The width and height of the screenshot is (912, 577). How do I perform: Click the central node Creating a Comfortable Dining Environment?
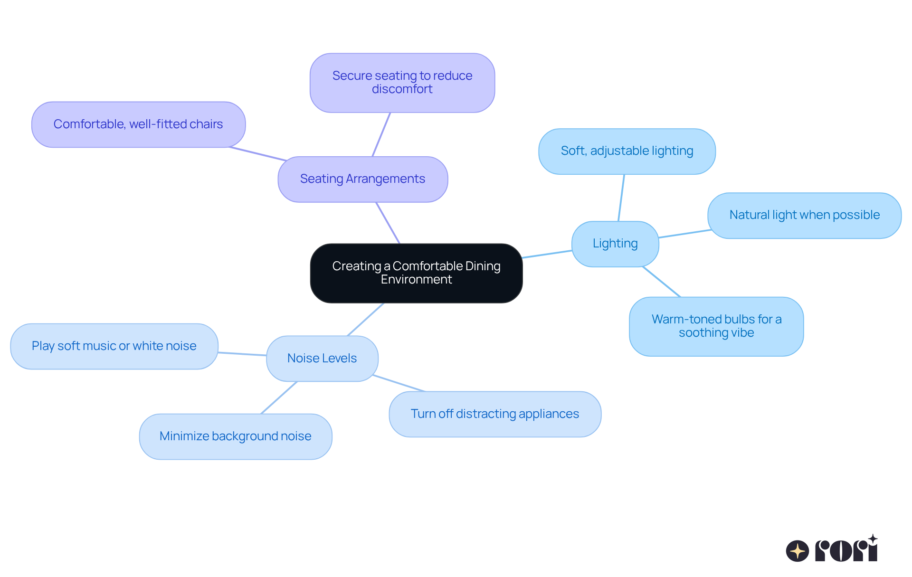point(416,273)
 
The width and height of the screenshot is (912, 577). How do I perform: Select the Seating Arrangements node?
point(362,179)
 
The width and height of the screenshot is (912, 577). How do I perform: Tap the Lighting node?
point(615,244)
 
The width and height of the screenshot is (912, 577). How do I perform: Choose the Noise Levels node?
point(322,359)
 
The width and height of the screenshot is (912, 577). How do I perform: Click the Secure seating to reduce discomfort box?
point(402,83)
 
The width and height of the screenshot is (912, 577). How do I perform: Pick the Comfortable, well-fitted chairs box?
point(138,124)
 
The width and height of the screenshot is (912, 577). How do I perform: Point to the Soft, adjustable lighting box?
point(627,151)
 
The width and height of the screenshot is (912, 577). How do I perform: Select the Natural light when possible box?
point(804,215)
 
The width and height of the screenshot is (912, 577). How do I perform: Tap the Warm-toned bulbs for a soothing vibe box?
point(716,326)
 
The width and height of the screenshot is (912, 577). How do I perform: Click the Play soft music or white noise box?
point(114,346)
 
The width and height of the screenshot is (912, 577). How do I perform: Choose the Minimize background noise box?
point(236,436)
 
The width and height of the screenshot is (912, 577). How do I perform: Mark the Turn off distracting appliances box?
point(495,414)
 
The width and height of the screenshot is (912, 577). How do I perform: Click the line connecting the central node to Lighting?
point(547,254)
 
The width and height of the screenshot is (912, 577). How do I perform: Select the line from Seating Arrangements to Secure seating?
point(381,134)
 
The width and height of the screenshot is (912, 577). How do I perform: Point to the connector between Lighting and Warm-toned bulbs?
point(662,282)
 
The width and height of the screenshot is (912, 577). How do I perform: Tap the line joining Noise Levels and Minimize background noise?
point(279,397)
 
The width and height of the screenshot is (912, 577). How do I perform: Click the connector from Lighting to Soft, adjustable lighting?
point(621,198)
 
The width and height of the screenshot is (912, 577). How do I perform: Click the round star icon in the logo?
point(798,551)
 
